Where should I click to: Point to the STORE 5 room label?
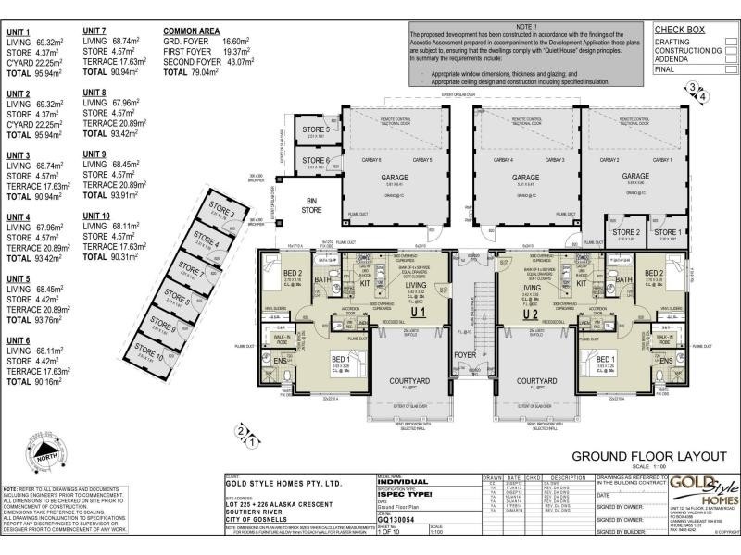pyautogui.click(x=315, y=130)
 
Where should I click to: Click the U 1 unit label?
pyautogui.click(x=417, y=313)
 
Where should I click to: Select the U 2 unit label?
pyautogui.click(x=531, y=313)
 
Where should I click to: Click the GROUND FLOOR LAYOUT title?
pyautogui.click(x=638, y=456)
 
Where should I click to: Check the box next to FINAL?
pyautogui.click(x=731, y=68)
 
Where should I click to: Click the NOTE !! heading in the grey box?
pyautogui.click(x=526, y=28)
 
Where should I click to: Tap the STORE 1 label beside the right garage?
pyautogui.click(x=667, y=232)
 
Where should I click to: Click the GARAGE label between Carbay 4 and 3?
pyautogui.click(x=525, y=178)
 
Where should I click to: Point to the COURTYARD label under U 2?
pyautogui.click(x=536, y=381)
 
